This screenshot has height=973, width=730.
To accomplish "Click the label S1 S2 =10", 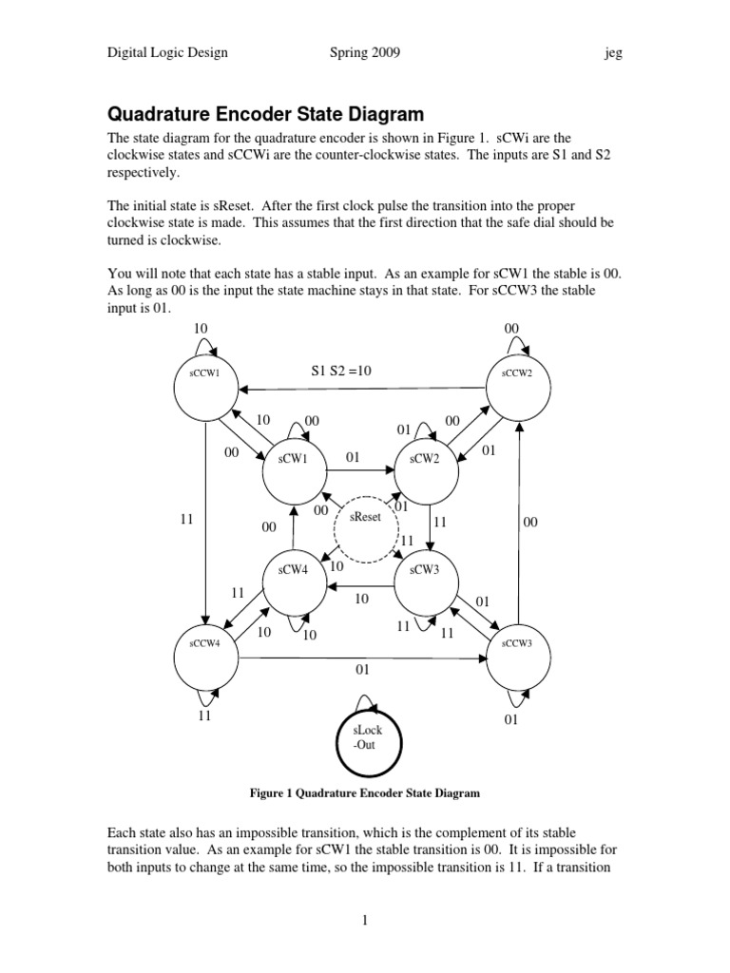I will click(340, 372).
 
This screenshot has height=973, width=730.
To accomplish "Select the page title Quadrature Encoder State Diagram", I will click(266, 115).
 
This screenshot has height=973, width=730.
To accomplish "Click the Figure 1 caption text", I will click(364, 792).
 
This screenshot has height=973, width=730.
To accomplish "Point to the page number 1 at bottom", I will click(364, 920).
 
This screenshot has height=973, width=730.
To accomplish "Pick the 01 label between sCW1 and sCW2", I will click(354, 458).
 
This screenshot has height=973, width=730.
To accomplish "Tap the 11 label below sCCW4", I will click(205, 716).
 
